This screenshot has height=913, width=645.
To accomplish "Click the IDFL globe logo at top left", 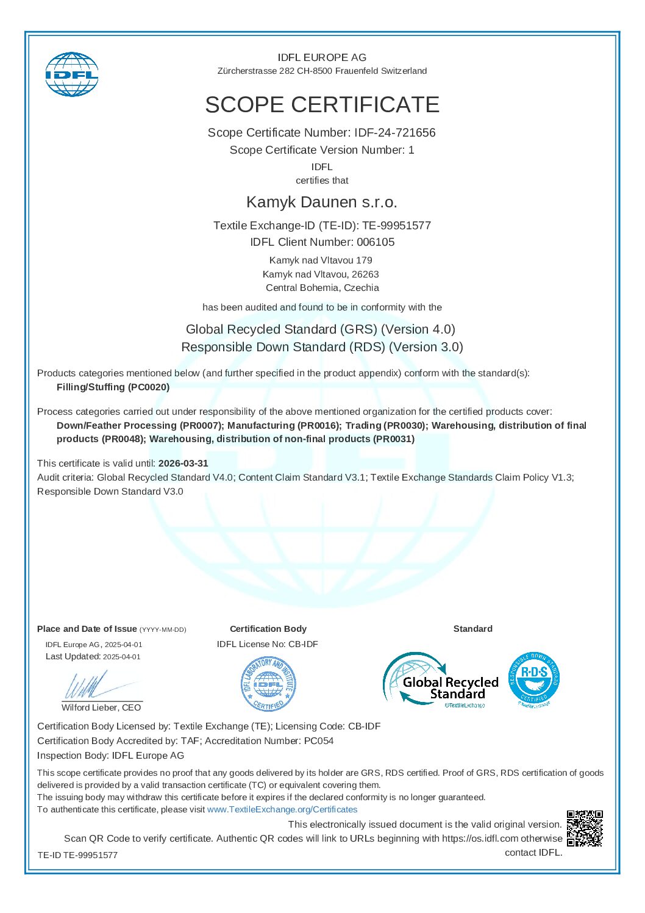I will [72, 74].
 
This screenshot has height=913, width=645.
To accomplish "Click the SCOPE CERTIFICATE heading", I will [322, 105].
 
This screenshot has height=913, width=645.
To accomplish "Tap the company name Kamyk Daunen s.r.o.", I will [322, 202].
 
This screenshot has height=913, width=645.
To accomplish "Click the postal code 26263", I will [365, 274].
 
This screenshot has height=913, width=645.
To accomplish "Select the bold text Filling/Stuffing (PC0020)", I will [113, 387].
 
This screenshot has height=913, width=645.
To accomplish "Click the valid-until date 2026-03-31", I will [183, 464].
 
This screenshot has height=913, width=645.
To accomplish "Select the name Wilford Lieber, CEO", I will [101, 707].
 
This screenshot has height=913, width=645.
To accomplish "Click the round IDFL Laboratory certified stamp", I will [268, 684].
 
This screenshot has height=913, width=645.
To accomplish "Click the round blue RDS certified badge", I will [533, 678].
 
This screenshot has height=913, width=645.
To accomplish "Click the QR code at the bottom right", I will [585, 828].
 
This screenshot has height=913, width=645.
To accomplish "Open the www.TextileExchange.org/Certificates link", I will [282, 809].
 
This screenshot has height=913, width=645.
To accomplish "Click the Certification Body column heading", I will [268, 629].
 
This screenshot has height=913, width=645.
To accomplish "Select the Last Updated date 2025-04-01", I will [122, 657].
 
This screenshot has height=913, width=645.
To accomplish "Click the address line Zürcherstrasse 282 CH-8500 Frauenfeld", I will [322, 71].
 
